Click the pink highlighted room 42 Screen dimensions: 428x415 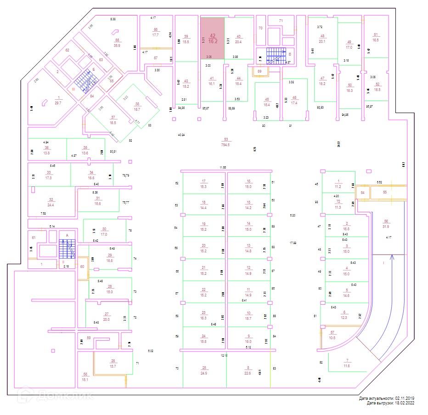[x=212, y=38]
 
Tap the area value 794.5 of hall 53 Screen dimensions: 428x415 [x=225, y=145]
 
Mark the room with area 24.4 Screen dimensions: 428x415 [x=51, y=202]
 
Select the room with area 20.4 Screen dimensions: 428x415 [x=238, y=39]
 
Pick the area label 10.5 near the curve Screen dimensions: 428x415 [x=332, y=338]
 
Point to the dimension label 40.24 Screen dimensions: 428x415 [x=181, y=135]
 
